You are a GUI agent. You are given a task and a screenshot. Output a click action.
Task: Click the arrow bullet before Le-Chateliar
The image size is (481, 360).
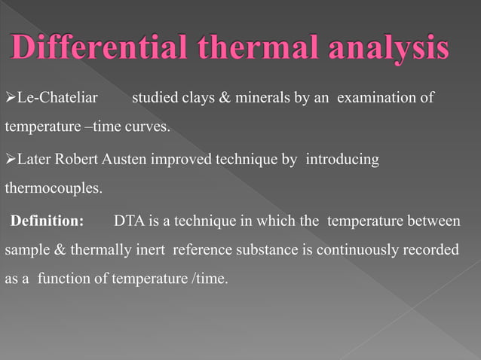click(10, 99)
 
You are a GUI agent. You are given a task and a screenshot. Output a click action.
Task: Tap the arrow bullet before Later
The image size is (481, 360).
click(10, 160)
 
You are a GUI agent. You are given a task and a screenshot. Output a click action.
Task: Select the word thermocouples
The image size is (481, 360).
click(54, 188)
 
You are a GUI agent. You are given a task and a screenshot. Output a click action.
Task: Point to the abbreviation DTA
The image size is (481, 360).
click(129, 222)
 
